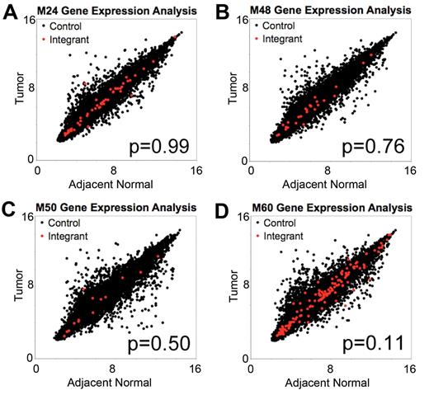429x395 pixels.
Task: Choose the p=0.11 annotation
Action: click(x=369, y=343)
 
